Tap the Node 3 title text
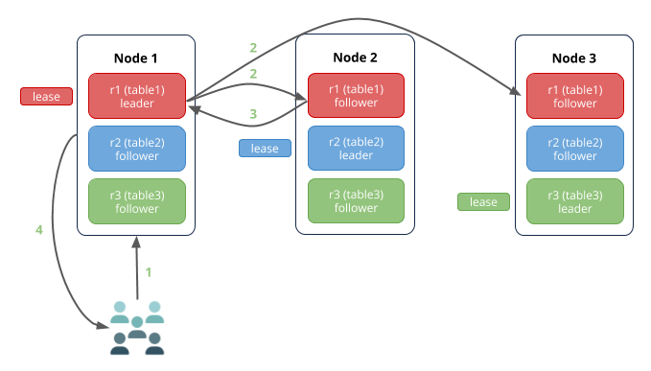pyautogui.click(x=574, y=57)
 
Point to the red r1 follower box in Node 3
pyautogui.click(x=574, y=96)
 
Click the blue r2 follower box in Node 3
pyautogui.click(x=574, y=149)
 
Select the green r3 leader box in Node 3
pyautogui.click(x=574, y=200)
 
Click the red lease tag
pyautogui.click(x=46, y=96)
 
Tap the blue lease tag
pyautogui.click(x=265, y=149)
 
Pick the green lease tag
pyautogui.click(x=483, y=201)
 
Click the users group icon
pyautogui.click(x=137, y=329)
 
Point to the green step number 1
pyautogui.click(x=149, y=272)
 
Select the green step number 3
pyautogui.click(x=253, y=114)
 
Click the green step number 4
pyautogui.click(x=39, y=230)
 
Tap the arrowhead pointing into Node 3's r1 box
pyautogui.click(x=519, y=93)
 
